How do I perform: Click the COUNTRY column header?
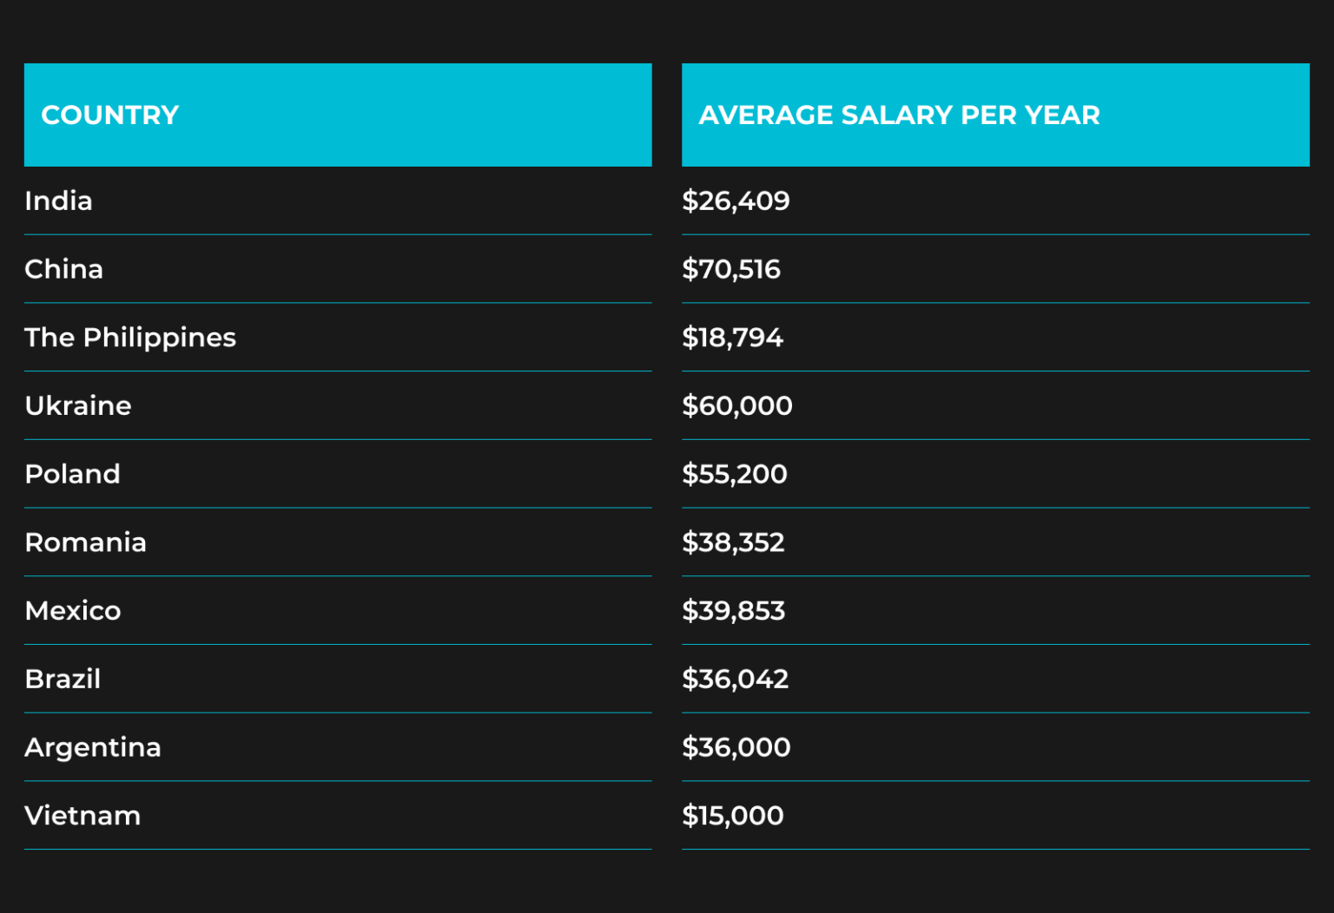pyautogui.click(x=110, y=115)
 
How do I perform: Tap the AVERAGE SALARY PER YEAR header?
pyautogui.click(x=899, y=115)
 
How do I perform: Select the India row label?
pyautogui.click(x=58, y=200)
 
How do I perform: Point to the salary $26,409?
pyautogui.click(x=736, y=200)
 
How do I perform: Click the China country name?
pyautogui.click(x=63, y=269)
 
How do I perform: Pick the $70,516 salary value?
pyautogui.click(x=731, y=269)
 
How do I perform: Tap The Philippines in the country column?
pyautogui.click(x=130, y=338)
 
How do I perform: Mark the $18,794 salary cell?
pyautogui.click(x=732, y=338)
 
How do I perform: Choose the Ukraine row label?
pyautogui.click(x=78, y=405)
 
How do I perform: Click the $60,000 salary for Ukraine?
pyautogui.click(x=737, y=405)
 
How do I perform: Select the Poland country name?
pyautogui.click(x=72, y=474)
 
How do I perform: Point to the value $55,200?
pyautogui.click(x=735, y=474)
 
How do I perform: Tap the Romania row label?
pyautogui.click(x=85, y=542)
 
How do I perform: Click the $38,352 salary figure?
pyautogui.click(x=733, y=542)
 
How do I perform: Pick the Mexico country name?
pyautogui.click(x=73, y=611)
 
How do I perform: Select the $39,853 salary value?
pyautogui.click(x=733, y=611)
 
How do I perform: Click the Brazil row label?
pyautogui.click(x=63, y=679)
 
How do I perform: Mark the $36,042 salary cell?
pyautogui.click(x=735, y=679)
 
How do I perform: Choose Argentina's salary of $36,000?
pyautogui.click(x=736, y=747)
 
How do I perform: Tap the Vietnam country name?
pyautogui.click(x=83, y=816)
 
